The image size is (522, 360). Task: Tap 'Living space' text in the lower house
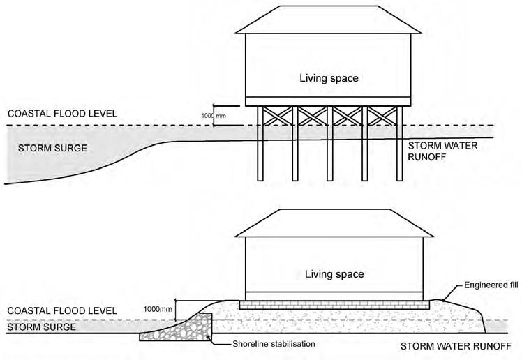coord(333,274)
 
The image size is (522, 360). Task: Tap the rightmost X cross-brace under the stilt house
coord(382,116)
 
